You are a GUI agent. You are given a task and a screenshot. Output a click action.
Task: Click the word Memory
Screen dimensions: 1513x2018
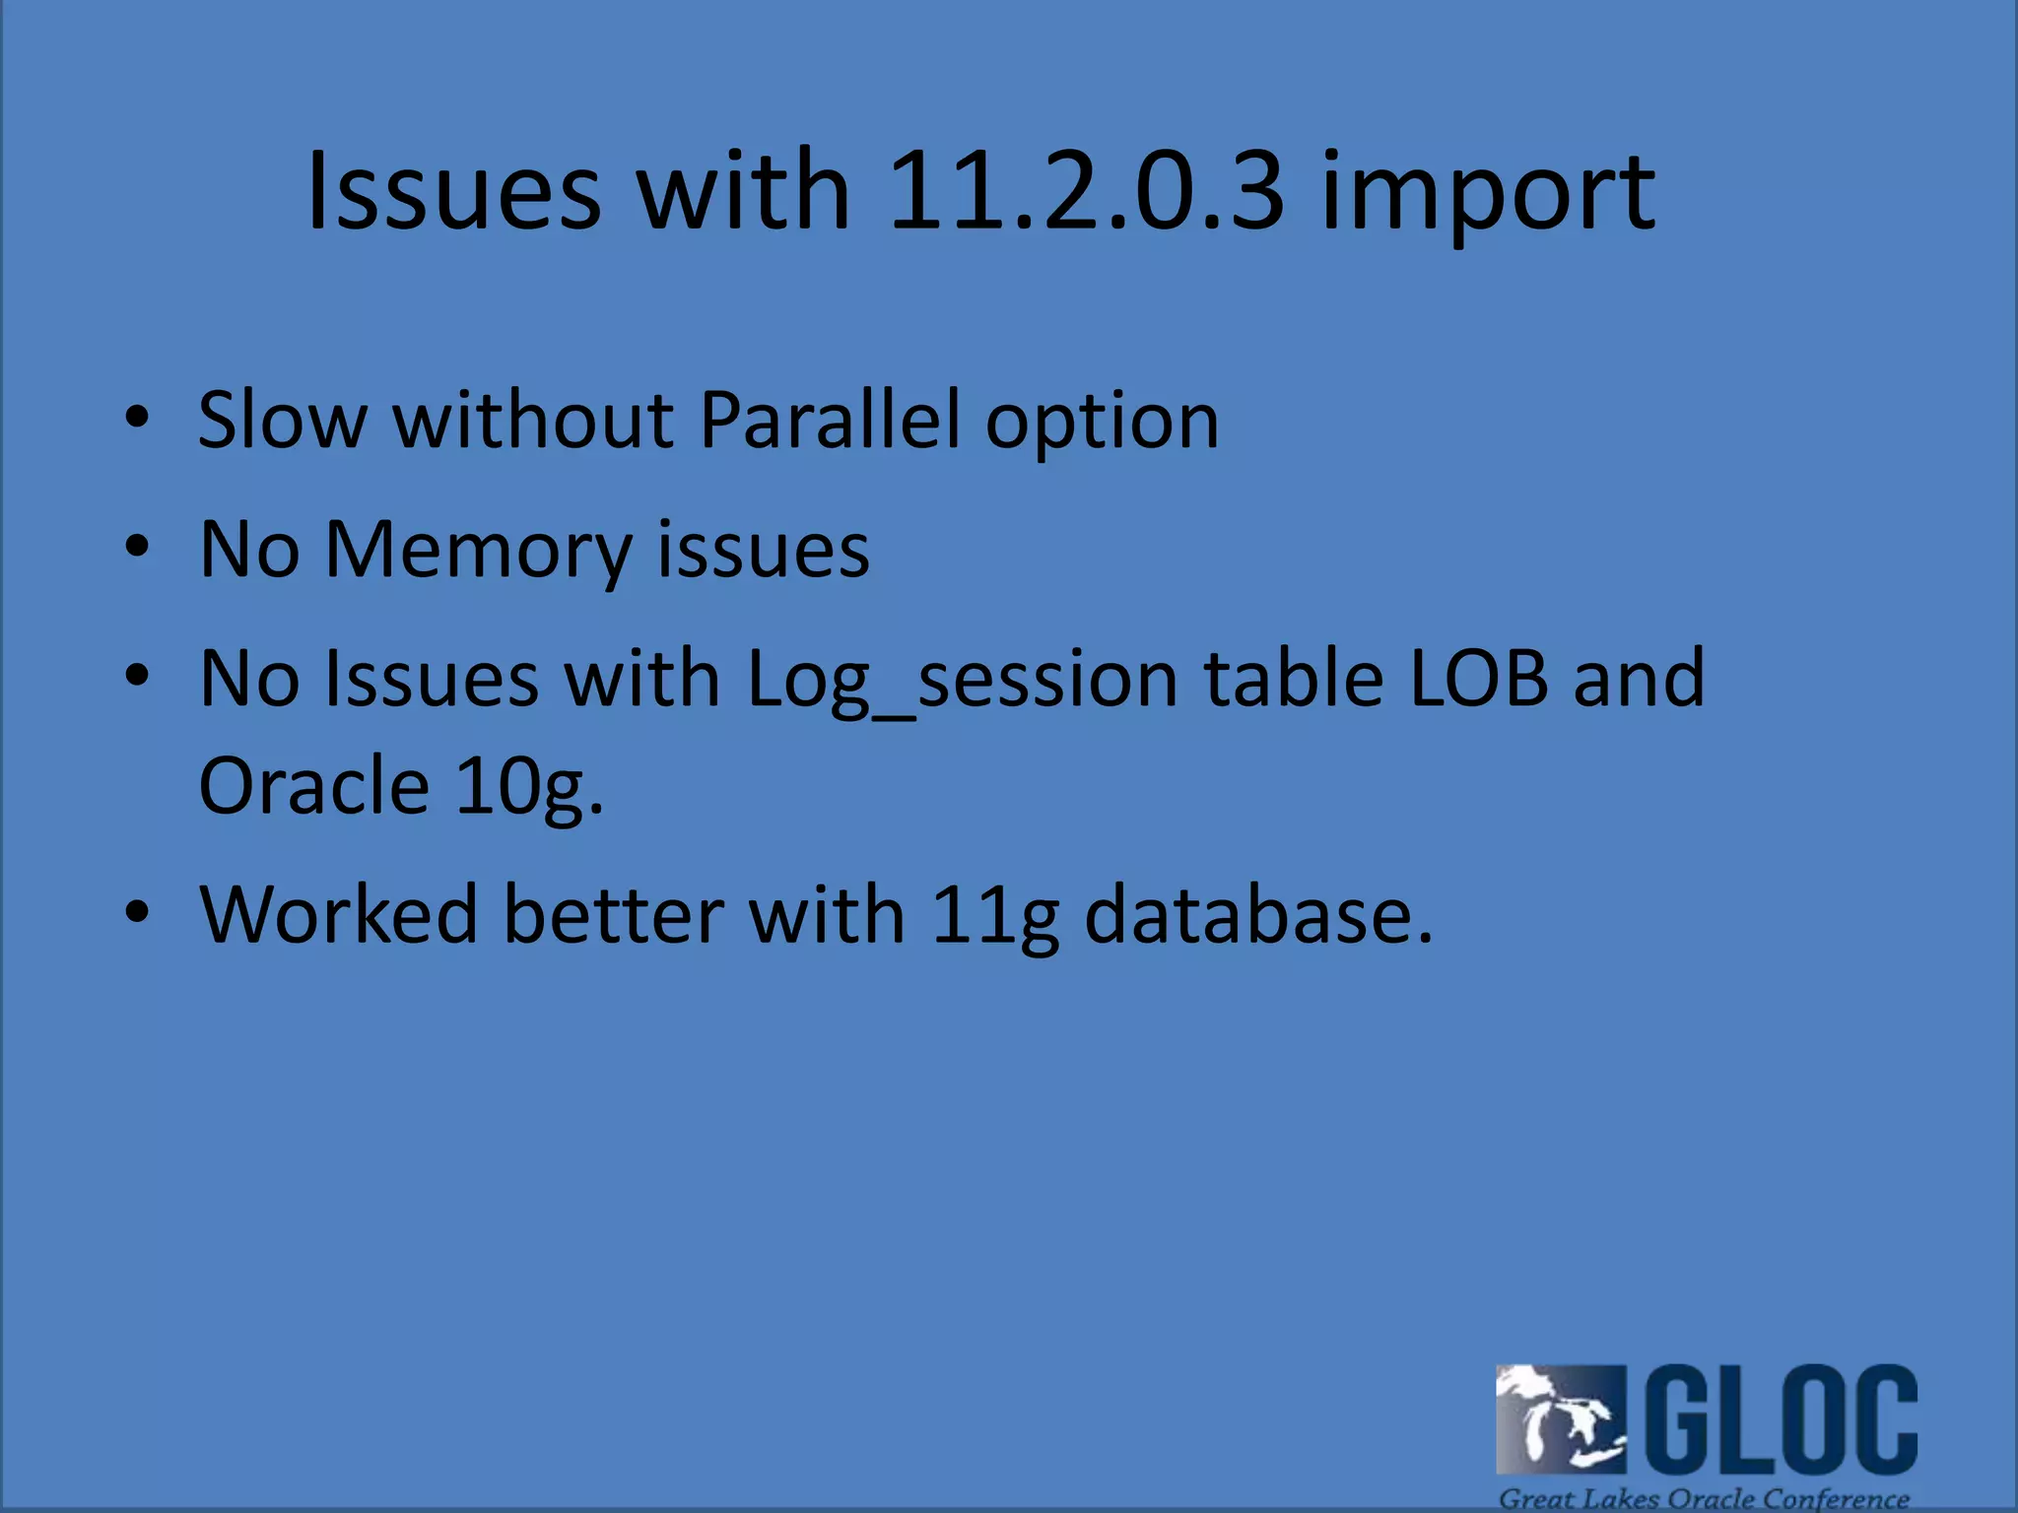479,552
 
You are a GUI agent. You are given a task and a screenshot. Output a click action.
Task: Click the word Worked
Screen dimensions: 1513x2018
339,914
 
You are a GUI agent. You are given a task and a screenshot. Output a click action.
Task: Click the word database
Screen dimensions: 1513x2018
1258,914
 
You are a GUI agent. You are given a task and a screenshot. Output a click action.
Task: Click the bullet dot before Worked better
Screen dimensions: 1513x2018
137,911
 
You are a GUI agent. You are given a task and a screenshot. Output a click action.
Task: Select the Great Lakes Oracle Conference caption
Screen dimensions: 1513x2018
1704,1498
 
